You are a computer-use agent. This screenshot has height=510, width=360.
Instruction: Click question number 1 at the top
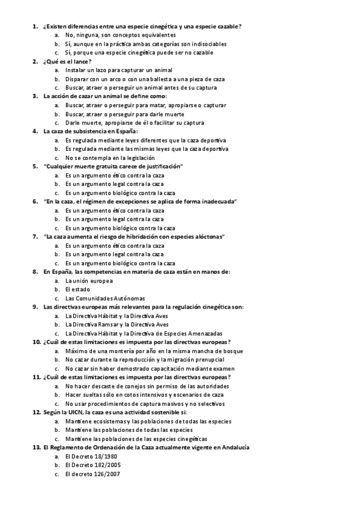pos(35,26)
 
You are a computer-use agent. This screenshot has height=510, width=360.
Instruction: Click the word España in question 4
pos(124,132)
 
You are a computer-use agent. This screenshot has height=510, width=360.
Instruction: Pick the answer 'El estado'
pos(78,289)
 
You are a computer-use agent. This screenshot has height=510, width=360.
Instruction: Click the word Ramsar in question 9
pos(114,324)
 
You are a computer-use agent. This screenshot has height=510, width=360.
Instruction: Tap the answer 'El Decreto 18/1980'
pos(93,456)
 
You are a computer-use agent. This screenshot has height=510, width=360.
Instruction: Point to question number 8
pos(35,272)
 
